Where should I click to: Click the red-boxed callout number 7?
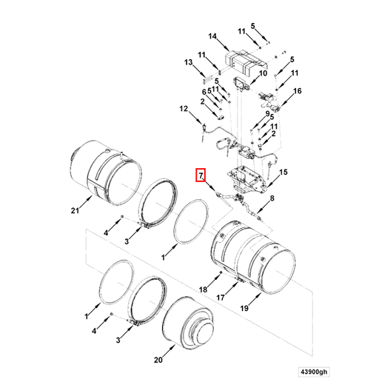coord(198,175)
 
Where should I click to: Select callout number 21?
coord(74,212)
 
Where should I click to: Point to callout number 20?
coord(157,360)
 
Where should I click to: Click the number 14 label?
coord(212,36)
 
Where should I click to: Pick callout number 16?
coord(298,91)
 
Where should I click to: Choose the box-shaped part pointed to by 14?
coord(243,57)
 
